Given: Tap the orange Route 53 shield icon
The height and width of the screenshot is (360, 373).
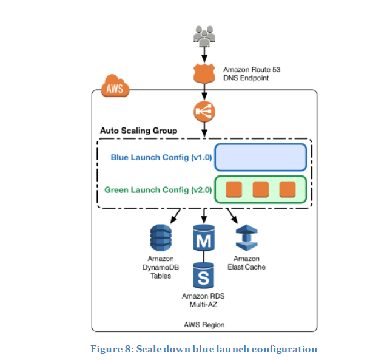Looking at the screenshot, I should [204, 73].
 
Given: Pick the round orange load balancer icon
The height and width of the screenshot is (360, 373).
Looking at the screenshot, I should [204, 112].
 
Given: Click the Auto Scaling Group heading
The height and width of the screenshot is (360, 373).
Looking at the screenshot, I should [138, 131].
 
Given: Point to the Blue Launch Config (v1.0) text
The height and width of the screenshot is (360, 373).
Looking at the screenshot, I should [161, 158].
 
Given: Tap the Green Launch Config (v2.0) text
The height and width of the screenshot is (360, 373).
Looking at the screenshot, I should [158, 189].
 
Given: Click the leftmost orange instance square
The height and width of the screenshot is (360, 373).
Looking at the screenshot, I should [234, 189].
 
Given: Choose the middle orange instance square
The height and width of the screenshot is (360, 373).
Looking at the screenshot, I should [260, 189].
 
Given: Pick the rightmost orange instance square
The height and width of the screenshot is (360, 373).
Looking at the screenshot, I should [286, 189].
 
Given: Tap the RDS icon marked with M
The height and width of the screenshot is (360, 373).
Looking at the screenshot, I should [204, 238].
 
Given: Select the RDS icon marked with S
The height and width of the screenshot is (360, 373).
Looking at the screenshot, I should [204, 275].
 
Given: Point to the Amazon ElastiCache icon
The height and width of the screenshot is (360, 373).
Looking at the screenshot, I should [246, 238].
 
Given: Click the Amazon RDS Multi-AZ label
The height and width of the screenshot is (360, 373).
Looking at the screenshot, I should [204, 301].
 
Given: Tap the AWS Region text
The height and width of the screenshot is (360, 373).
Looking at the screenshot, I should [204, 325].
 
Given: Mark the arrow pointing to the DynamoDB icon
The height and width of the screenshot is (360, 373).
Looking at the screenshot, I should [176, 215].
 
